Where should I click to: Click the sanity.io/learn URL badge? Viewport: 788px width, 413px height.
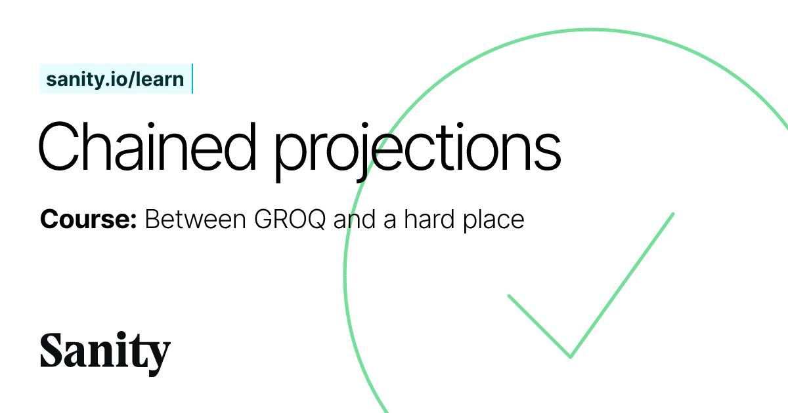(x=115, y=79)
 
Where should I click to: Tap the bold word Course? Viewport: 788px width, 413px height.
(x=88, y=220)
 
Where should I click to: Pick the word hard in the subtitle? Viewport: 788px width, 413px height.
(x=424, y=220)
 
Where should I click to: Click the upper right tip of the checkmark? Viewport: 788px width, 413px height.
(x=673, y=214)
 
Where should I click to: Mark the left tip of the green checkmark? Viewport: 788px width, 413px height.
(x=509, y=296)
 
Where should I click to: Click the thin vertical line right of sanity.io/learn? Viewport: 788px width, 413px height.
(x=192, y=79)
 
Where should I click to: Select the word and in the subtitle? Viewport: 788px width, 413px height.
(x=351, y=220)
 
